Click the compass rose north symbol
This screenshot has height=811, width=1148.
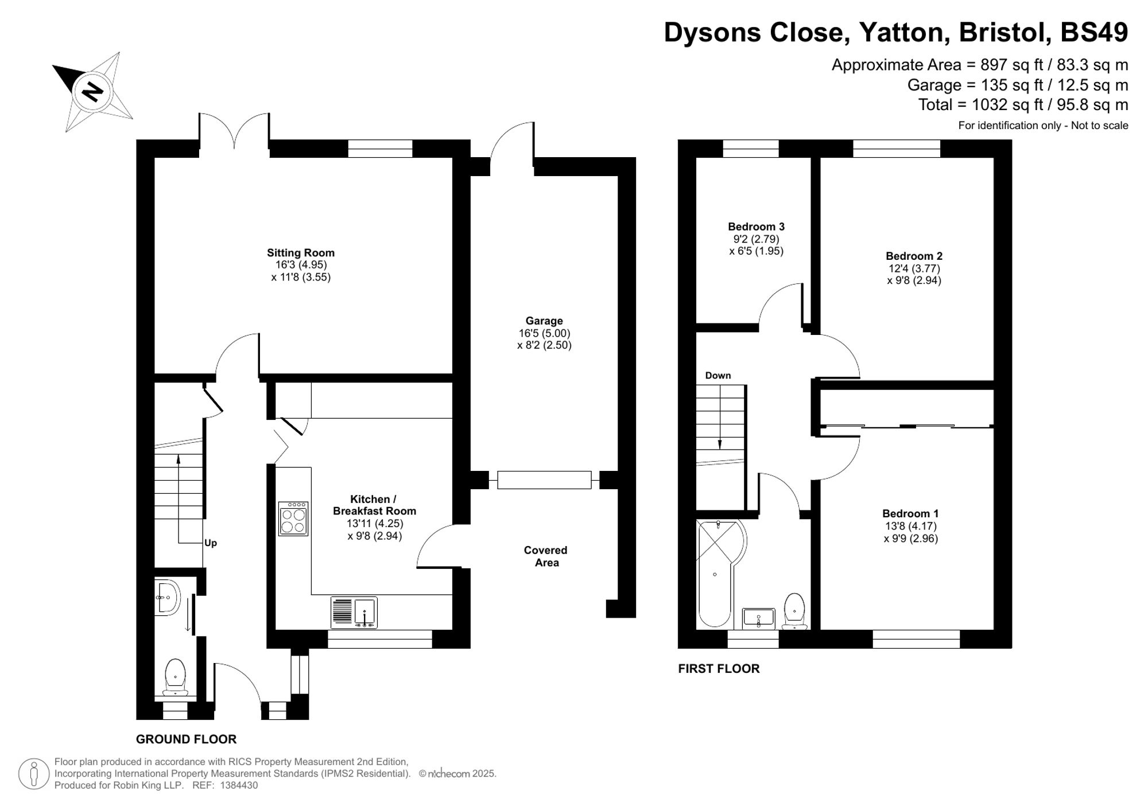click(92, 91)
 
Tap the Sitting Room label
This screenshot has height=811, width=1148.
click(300, 253)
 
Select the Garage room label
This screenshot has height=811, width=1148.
click(544, 321)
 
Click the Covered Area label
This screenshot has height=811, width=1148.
click(545, 556)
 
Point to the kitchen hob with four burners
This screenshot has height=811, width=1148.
click(293, 519)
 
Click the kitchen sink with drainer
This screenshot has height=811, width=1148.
click(354, 613)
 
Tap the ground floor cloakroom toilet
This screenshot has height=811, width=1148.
click(175, 677)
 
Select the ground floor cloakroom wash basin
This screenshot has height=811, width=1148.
click(167, 598)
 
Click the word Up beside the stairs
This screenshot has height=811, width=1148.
click(211, 543)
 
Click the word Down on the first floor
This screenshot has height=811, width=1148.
click(717, 376)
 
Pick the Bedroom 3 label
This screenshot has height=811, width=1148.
click(756, 227)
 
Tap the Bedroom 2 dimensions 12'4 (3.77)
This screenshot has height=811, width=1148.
click(914, 268)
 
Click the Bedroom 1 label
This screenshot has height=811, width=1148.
click(910, 514)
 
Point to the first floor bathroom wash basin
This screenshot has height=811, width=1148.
click(758, 618)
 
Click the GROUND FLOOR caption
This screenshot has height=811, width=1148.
click(186, 739)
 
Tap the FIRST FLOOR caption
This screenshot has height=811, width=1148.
click(719, 669)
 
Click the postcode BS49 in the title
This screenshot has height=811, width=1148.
click(1093, 32)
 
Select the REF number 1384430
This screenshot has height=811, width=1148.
click(239, 786)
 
